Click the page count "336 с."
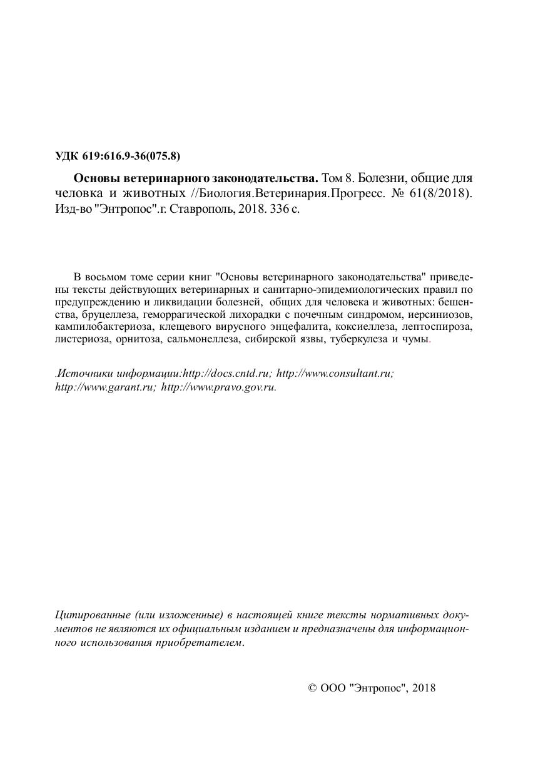point(284,209)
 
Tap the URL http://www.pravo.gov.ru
point(219,387)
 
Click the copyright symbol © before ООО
point(313,688)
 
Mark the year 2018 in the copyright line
point(424,688)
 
